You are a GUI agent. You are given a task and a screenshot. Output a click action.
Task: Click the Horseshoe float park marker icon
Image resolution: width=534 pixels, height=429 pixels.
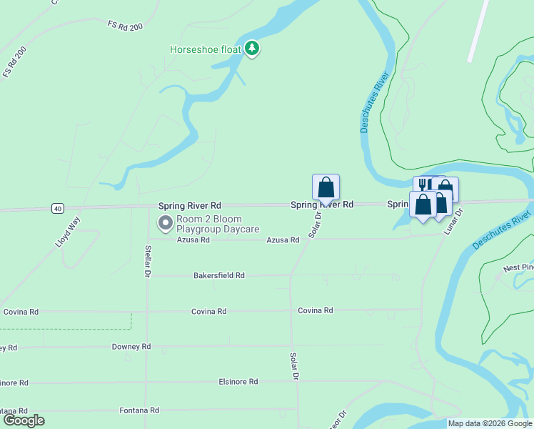click(251, 49)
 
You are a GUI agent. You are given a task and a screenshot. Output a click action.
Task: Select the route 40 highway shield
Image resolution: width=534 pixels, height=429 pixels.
click(58, 208)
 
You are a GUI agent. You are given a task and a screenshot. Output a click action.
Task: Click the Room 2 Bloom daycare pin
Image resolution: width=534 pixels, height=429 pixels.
click(166, 224)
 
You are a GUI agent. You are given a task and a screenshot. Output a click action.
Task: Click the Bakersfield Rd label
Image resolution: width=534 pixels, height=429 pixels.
click(219, 275)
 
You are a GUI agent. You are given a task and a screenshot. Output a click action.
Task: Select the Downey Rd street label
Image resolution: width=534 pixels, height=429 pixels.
click(131, 346)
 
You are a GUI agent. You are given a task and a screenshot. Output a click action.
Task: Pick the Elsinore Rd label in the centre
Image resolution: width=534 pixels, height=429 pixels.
click(238, 382)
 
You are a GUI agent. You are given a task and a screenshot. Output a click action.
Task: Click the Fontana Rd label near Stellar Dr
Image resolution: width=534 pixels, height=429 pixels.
click(139, 410)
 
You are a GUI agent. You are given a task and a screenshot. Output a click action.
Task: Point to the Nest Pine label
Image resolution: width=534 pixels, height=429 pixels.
click(518, 268)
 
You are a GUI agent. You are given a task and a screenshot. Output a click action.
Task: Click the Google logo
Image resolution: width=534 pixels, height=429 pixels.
click(24, 420)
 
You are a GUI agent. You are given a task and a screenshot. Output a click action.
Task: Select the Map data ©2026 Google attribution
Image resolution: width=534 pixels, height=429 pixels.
click(490, 423)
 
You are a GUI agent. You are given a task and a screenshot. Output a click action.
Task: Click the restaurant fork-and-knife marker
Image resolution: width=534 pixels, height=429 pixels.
click(423, 185)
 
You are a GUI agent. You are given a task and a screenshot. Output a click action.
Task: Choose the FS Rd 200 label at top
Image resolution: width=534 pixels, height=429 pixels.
click(126, 25)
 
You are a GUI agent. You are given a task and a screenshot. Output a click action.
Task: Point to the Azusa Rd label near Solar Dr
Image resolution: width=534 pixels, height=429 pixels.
click(283, 240)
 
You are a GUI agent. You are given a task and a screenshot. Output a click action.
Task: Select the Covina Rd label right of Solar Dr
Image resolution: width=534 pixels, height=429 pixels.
click(316, 310)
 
